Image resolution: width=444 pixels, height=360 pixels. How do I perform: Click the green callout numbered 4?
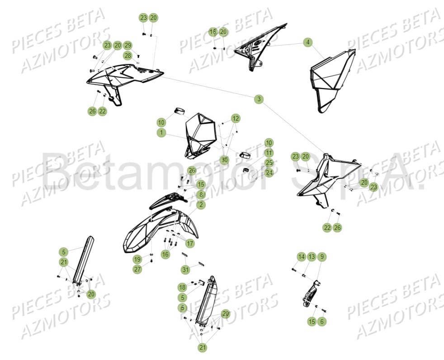tap(308, 42)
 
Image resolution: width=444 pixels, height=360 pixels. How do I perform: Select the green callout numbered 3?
tap(259, 99)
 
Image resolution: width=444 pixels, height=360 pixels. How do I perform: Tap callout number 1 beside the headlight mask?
tap(161, 132)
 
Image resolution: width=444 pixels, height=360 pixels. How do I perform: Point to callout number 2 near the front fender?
tap(201, 205)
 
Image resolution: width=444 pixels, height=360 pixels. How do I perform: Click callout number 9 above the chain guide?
tap(321, 257)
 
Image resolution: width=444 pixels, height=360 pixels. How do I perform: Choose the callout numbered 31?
tap(185, 270)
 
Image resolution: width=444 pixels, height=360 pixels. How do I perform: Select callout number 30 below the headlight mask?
tap(224, 160)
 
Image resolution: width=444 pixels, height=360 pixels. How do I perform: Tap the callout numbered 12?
tap(236, 118)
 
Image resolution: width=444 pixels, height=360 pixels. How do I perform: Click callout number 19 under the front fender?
tap(137, 259)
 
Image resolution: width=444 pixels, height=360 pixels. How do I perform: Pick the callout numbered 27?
tap(137, 269)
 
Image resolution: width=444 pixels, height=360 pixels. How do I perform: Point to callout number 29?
tap(128, 45)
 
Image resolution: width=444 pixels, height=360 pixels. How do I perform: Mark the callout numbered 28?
tap(128, 56)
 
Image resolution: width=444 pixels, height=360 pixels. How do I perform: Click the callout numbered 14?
tap(301, 257)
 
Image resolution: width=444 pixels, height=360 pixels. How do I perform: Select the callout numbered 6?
tap(321, 322)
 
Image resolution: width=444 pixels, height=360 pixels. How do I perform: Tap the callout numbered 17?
tap(190, 243)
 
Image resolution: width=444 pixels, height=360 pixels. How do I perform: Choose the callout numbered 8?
tap(201, 195)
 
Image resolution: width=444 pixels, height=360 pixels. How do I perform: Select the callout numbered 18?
tap(182, 287)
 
